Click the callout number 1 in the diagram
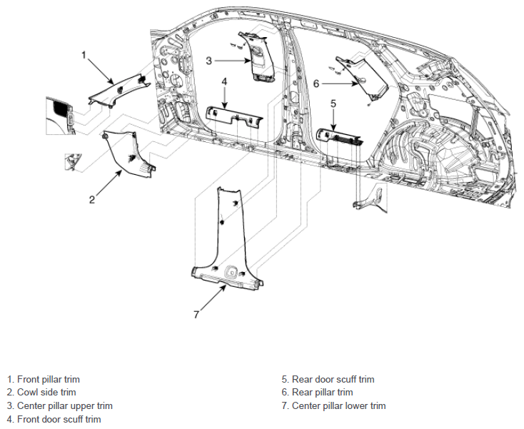click(84, 55)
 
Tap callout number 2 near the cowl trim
click(92, 199)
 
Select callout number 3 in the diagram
click(209, 61)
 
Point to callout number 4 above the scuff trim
click(224, 81)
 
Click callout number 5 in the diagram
click(333, 104)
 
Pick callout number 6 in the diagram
click(316, 84)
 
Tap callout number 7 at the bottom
click(196, 314)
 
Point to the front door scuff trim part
click(234, 116)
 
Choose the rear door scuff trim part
click(338, 136)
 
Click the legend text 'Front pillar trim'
click(49, 379)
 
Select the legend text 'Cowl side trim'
click(46, 393)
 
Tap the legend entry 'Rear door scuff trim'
click(333, 379)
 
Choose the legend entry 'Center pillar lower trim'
click(339, 405)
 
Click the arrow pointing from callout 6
click(341, 84)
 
